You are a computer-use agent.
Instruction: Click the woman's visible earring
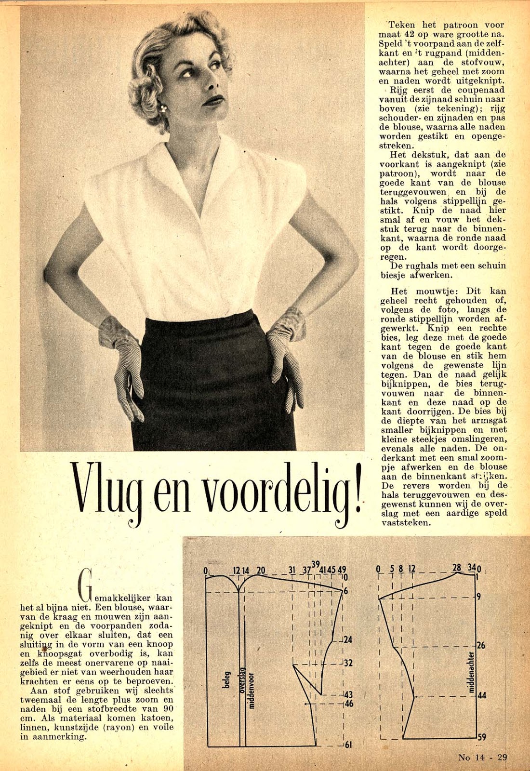pos(163,108)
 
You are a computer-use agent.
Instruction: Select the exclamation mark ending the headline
pos(357,490)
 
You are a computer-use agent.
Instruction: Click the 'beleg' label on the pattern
pos(226,679)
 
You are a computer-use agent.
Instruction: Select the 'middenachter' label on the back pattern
pos(472,672)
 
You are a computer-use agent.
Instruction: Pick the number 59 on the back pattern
pos(481,737)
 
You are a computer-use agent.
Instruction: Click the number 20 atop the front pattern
pos(261,571)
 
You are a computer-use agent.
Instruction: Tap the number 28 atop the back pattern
pos(457,568)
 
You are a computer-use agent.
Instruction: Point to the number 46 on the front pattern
pos(348,704)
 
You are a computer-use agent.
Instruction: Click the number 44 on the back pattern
pos(481,696)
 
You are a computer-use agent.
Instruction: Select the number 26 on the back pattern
pos(481,645)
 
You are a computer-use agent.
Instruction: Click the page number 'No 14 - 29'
pos(482,757)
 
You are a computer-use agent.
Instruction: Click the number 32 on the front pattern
pos(348,663)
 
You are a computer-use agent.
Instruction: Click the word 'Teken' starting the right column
pos(401,25)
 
